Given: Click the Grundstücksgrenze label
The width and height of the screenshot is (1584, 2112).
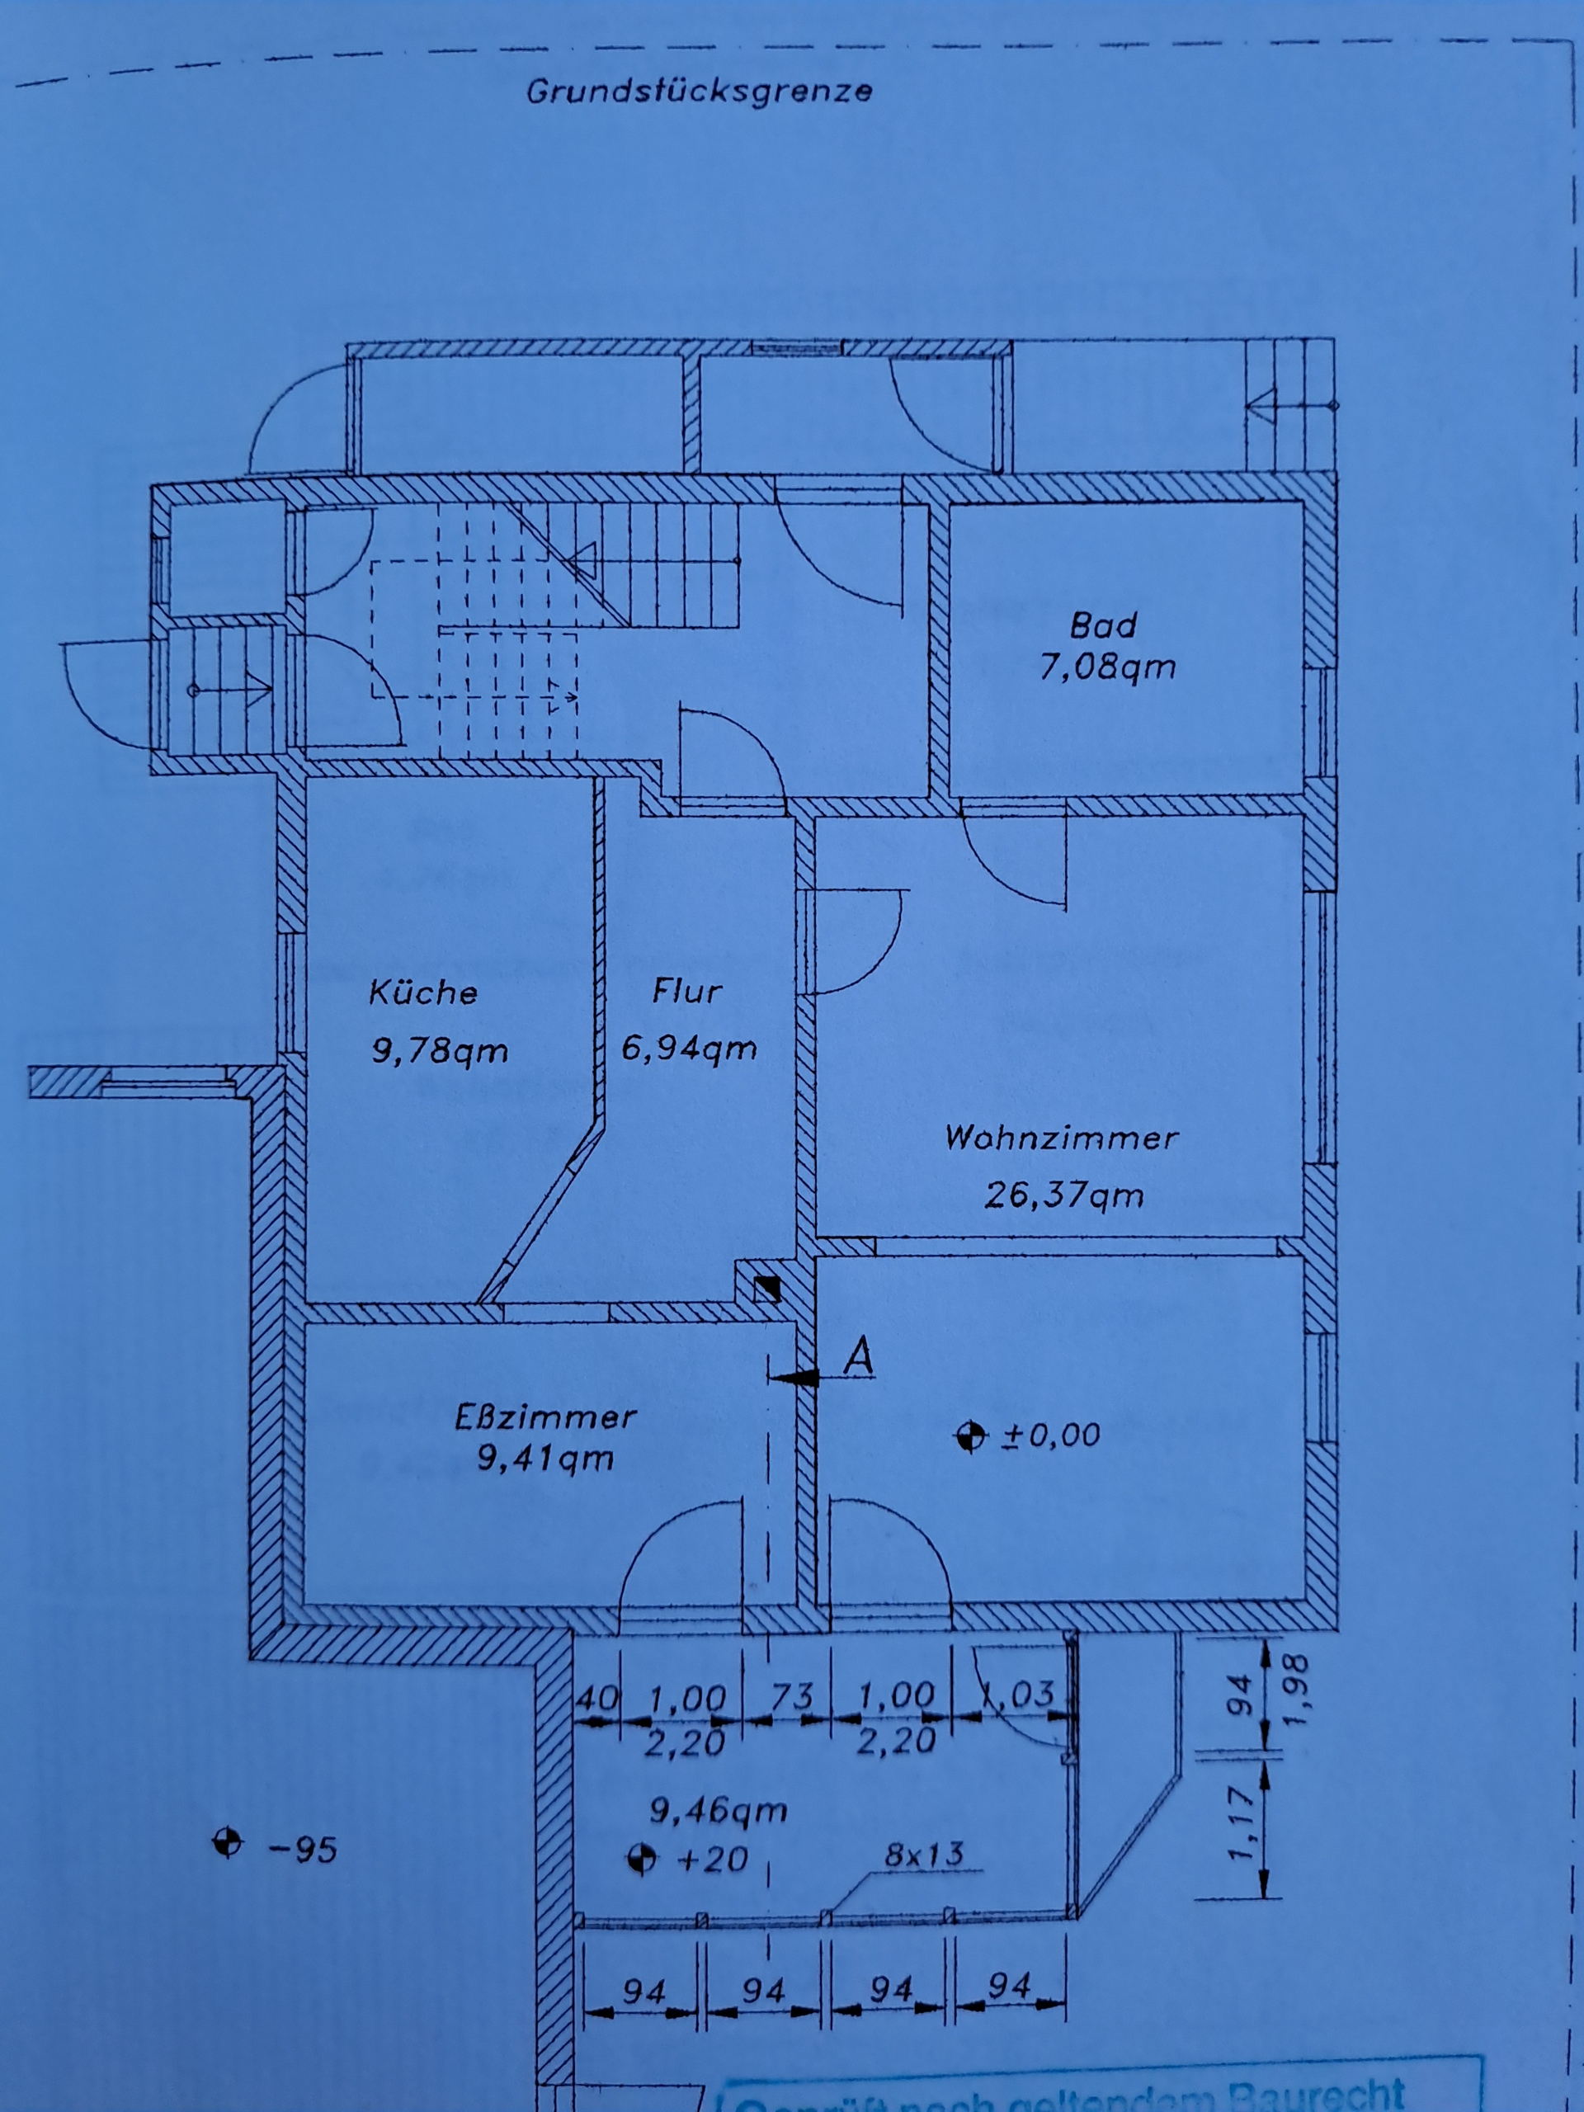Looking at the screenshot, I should click(x=699, y=92).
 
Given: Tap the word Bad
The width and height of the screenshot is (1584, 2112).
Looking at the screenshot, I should click(x=1104, y=625).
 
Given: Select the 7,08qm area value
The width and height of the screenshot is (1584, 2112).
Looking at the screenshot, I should click(x=1107, y=667).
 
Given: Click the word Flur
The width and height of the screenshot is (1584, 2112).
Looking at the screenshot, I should click(x=686, y=990).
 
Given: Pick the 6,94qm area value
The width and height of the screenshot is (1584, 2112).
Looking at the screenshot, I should click(x=690, y=1049).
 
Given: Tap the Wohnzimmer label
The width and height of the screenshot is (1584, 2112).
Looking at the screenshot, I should click(x=1062, y=1137).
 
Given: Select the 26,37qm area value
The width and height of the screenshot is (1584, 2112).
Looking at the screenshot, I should click(x=1063, y=1195).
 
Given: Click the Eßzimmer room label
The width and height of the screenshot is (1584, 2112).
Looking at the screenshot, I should click(x=545, y=1416).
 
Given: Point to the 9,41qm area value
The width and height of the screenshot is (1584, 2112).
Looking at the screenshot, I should click(x=545, y=1458).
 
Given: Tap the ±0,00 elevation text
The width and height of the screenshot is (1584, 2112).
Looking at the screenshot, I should click(x=1050, y=1435).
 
